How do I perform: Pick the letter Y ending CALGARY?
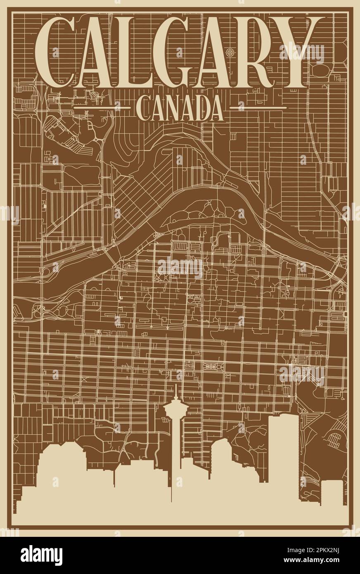[299, 52]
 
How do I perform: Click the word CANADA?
[180, 108]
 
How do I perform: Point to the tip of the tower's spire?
[176, 387]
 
